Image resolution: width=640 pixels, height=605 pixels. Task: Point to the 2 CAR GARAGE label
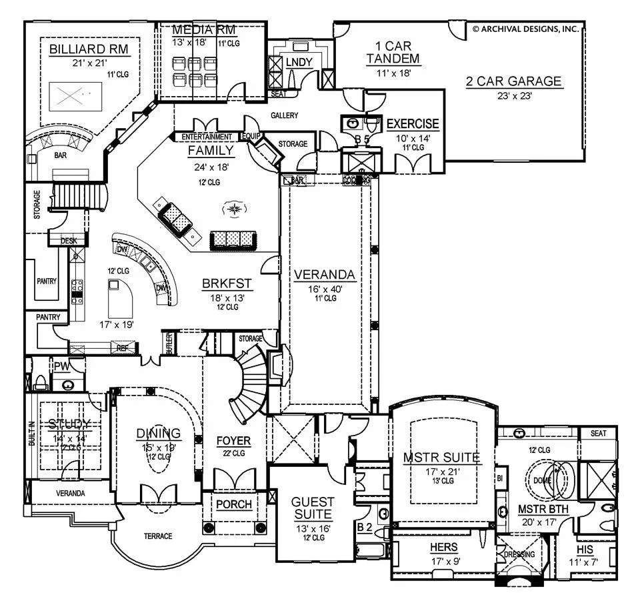coord(513,81)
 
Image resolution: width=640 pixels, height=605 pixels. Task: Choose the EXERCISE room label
coord(413,123)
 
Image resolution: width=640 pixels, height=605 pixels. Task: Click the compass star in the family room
coord(234,209)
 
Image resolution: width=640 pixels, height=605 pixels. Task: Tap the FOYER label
coord(233,441)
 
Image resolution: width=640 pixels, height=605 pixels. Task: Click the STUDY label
coord(69,424)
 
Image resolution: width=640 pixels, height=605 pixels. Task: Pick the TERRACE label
coord(158,536)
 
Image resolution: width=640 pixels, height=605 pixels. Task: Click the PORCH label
coord(233,504)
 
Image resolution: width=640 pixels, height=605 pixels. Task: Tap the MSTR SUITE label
coord(442,458)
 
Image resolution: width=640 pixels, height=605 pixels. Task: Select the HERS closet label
coord(443,547)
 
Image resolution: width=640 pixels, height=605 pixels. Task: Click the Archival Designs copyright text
coord(525,29)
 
